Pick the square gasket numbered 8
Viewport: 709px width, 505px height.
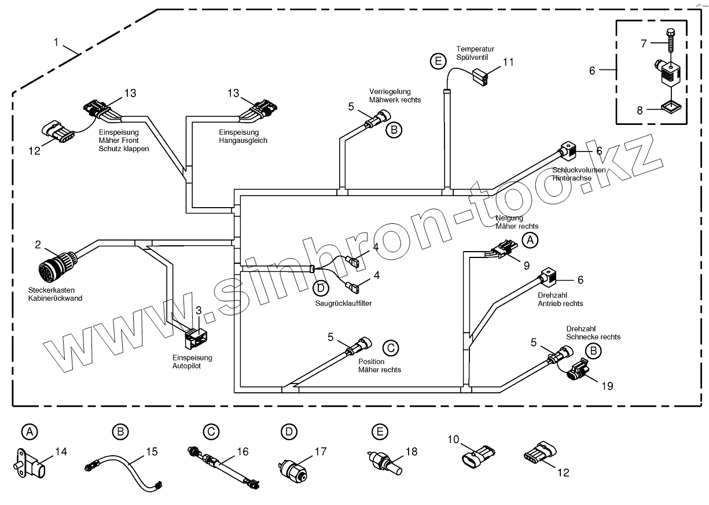pos(670,108)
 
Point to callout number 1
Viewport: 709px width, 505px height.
pos(56,42)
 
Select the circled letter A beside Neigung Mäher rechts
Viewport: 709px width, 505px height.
pos(530,239)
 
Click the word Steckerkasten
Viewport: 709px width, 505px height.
pos(47,290)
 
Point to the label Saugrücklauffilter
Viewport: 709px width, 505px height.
pos(343,303)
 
